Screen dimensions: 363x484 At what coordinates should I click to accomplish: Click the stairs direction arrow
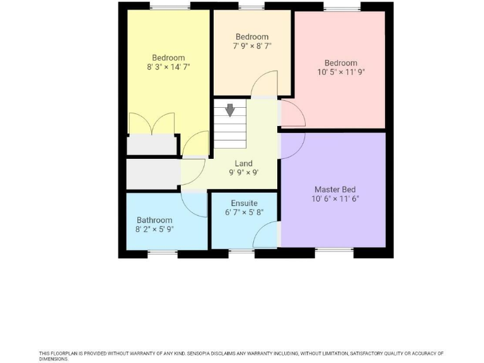click(230, 110)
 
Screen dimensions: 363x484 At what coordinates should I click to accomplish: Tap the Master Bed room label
click(332, 189)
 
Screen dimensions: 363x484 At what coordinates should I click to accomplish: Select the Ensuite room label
click(244, 203)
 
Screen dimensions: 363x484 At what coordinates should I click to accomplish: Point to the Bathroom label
click(154, 220)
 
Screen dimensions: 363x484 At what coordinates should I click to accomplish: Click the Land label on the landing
click(243, 164)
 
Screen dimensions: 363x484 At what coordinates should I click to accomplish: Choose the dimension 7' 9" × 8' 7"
click(252, 46)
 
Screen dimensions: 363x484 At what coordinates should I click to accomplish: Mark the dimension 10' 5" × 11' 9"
click(341, 72)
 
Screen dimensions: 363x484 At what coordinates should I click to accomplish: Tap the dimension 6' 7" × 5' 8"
click(244, 212)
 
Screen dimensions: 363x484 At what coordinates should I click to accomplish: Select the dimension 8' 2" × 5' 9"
click(154, 229)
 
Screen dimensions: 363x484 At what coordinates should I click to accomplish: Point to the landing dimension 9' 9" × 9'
click(243, 173)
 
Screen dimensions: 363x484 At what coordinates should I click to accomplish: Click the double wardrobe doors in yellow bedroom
click(152, 124)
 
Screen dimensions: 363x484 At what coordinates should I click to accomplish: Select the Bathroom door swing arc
click(193, 205)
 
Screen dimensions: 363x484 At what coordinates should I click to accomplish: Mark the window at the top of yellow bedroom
click(170, 6)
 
